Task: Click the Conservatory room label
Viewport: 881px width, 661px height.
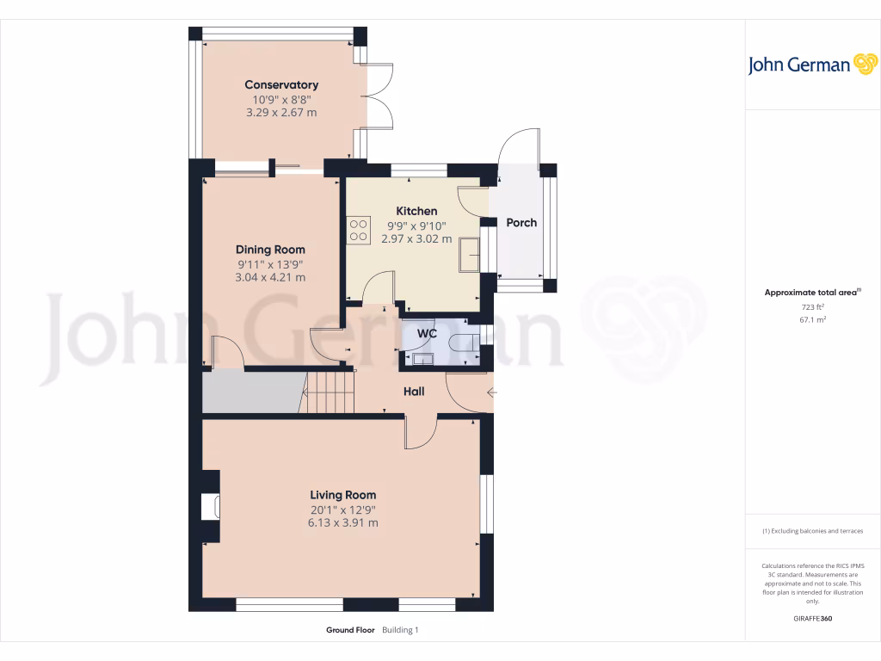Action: pyautogui.click(x=281, y=84)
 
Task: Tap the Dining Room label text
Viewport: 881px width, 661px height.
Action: pyautogui.click(x=271, y=250)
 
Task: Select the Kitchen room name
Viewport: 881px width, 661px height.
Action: pyautogui.click(x=416, y=211)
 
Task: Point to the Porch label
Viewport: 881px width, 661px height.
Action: pyautogui.click(x=521, y=222)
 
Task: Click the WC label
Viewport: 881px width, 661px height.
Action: pyautogui.click(x=428, y=333)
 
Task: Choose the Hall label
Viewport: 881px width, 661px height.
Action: pyautogui.click(x=414, y=391)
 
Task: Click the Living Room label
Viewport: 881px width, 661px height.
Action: pyautogui.click(x=342, y=495)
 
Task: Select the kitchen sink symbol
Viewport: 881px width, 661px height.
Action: pyautogui.click(x=469, y=254)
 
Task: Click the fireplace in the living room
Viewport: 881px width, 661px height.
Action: pyautogui.click(x=210, y=507)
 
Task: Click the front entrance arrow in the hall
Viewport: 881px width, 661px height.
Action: pyautogui.click(x=491, y=393)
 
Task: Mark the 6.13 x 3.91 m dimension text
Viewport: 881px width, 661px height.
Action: pyautogui.click(x=342, y=522)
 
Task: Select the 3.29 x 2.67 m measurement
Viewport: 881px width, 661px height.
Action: pyautogui.click(x=281, y=112)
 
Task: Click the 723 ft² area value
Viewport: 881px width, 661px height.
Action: pyautogui.click(x=801, y=306)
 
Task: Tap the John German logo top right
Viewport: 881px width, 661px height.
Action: pyautogui.click(x=811, y=65)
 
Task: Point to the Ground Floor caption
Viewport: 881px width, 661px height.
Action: pyautogui.click(x=350, y=630)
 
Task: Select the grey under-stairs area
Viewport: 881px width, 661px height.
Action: pyautogui.click(x=250, y=392)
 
